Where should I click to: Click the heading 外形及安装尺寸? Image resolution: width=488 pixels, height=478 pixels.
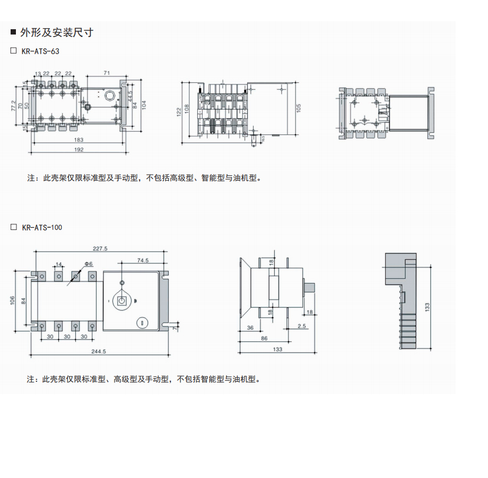pyautogui.click(x=56, y=33)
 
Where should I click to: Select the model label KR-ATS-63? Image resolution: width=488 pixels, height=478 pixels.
pyautogui.click(x=41, y=52)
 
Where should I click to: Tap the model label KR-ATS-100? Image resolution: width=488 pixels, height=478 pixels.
pyautogui.click(x=42, y=227)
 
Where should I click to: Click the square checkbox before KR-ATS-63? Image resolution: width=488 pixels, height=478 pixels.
pyautogui.click(x=14, y=51)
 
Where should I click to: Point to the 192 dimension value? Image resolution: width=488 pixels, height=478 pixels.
pyautogui.click(x=79, y=150)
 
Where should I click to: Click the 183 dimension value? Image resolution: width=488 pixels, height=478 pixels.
pyautogui.click(x=79, y=140)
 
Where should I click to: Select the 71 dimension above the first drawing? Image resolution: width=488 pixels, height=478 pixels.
pyautogui.click(x=107, y=73)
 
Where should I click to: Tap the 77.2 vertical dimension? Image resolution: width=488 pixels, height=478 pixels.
pyautogui.click(x=14, y=106)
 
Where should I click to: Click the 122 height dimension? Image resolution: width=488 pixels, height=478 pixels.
pyautogui.click(x=179, y=111)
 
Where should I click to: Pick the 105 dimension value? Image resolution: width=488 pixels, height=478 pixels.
pyautogui.click(x=299, y=107)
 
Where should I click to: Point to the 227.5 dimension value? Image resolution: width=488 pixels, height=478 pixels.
pyautogui.click(x=100, y=248)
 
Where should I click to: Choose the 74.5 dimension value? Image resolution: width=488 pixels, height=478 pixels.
pyautogui.click(x=142, y=260)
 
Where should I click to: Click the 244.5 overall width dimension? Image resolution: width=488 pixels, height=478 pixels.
pyautogui.click(x=99, y=351)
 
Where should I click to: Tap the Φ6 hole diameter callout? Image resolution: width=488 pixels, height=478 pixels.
pyautogui.click(x=89, y=264)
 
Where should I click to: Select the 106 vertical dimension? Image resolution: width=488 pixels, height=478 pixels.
pyautogui.click(x=12, y=301)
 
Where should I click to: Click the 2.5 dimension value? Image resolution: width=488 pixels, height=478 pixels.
pyautogui.click(x=302, y=326)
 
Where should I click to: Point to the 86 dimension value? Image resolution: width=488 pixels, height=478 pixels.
pyautogui.click(x=264, y=338)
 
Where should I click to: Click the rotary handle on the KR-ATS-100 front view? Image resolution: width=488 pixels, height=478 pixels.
pyautogui.click(x=122, y=301)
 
